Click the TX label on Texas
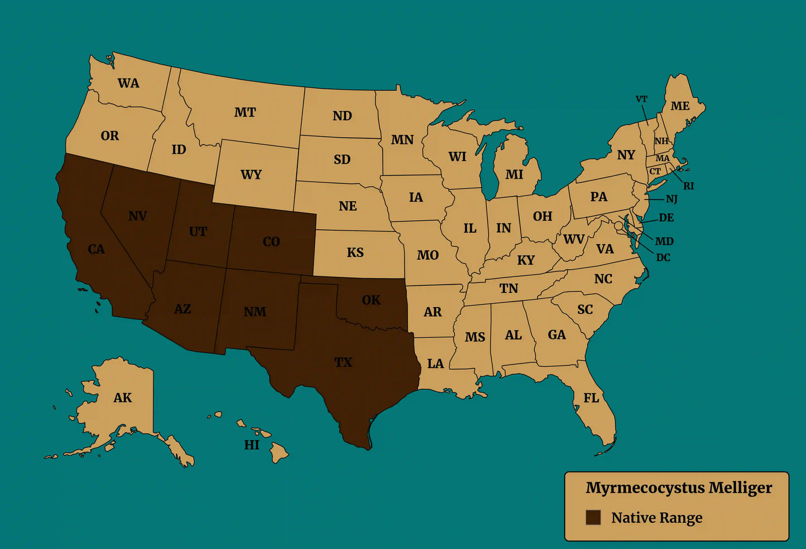pos(343,362)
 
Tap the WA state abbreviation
pos(128,83)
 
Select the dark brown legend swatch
pos(593,517)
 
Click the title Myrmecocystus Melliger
pos(678,488)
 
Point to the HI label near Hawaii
pos(252,445)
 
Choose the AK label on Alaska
pos(123,397)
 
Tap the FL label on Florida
pos(591,397)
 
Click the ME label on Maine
pos(680,106)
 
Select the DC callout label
pos(663,258)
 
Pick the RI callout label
pos(689,186)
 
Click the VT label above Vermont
pos(641,99)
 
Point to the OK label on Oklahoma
pos(371,300)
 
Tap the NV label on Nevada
pos(137,216)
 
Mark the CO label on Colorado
pos(271,241)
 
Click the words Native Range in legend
pos(657,518)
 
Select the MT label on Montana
pos(245,113)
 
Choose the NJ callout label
pos(672,199)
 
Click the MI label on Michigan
pos(514,174)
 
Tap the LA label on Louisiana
pos(435,364)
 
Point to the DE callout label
pos(666,217)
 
